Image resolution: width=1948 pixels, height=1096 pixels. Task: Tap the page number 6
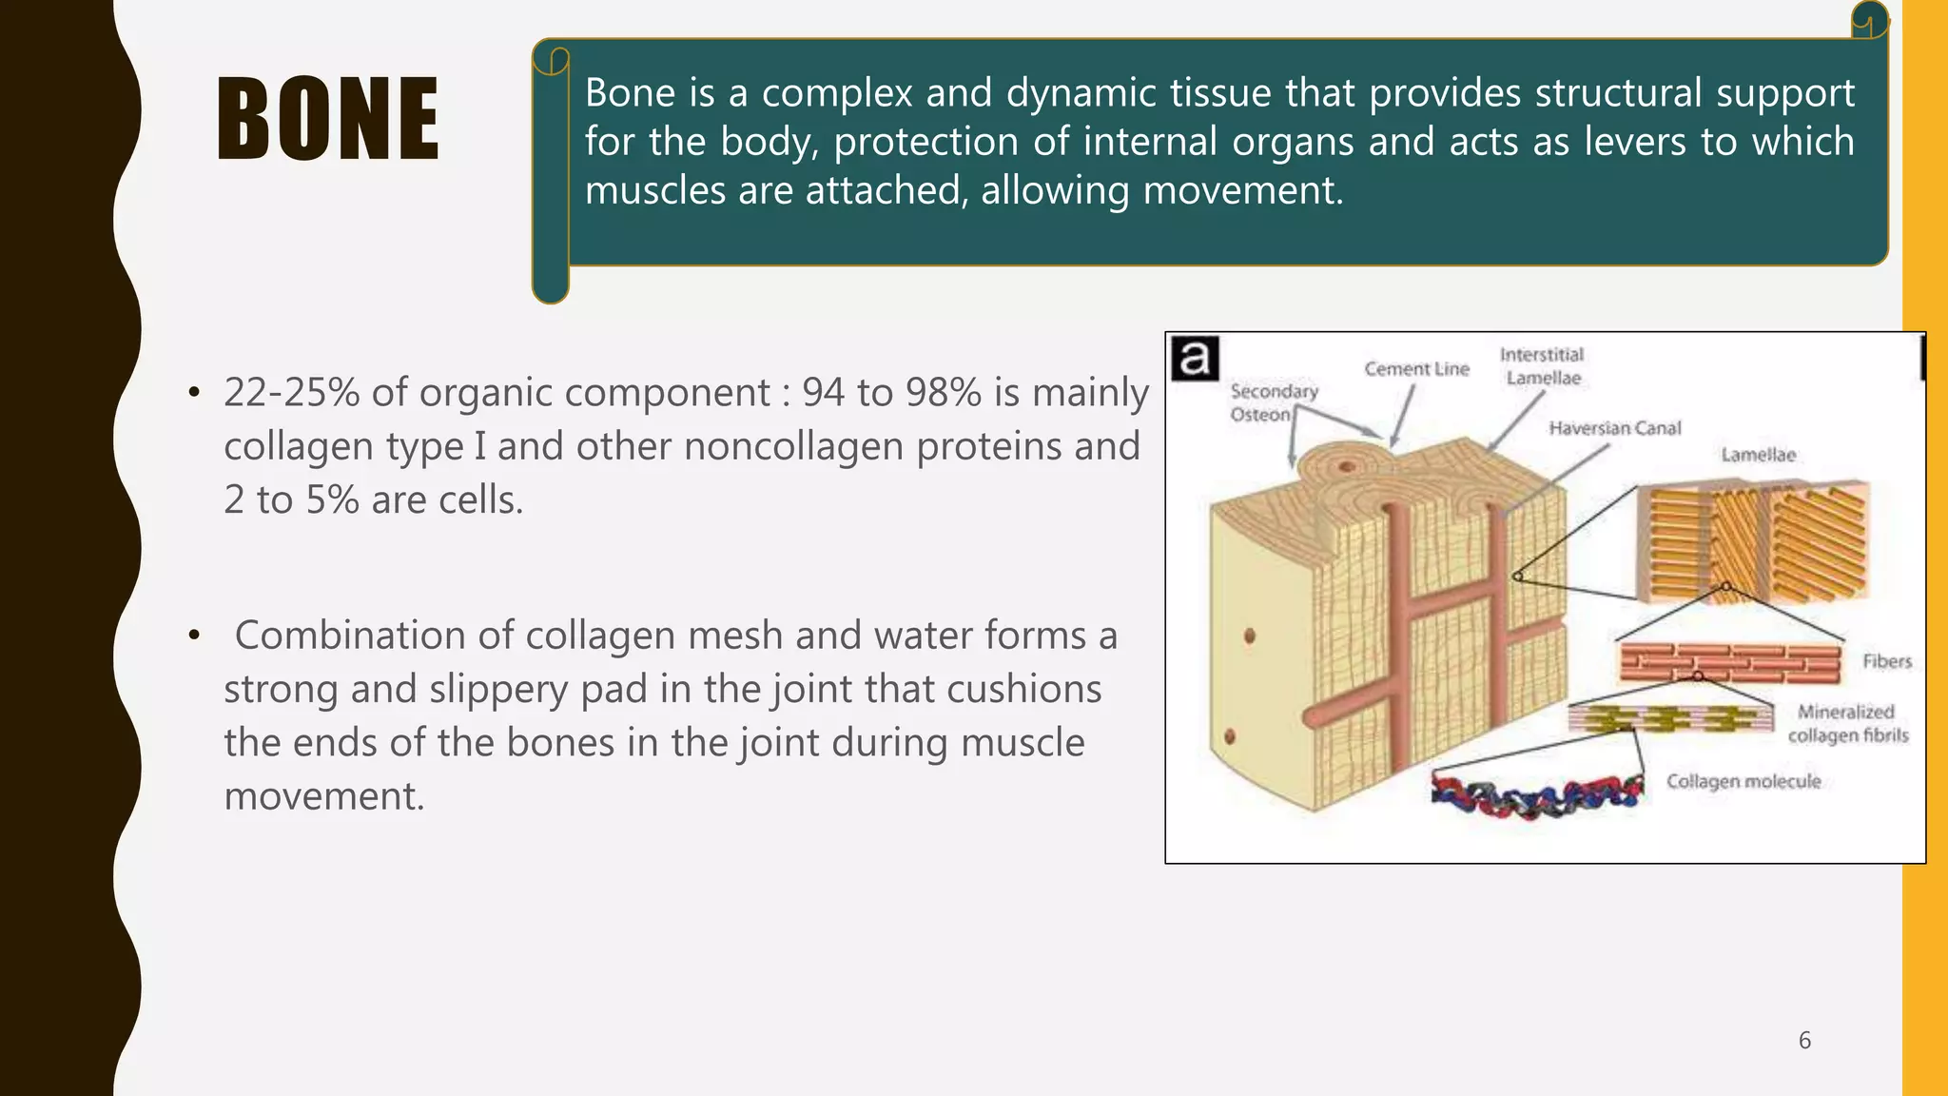[1804, 1040]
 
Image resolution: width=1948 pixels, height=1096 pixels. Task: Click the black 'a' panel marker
[1195, 359]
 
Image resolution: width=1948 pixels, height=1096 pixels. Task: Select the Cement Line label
[1416, 369]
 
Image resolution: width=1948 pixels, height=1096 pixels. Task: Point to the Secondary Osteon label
[1274, 402]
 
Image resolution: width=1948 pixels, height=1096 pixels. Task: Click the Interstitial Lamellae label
[1542, 366]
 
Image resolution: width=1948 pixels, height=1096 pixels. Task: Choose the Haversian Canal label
[1614, 428]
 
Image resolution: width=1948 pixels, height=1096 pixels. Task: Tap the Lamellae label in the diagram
[1758, 455]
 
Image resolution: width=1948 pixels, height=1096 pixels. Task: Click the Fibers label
[1886, 661]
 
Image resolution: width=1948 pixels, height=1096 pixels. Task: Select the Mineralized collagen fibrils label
[1847, 723]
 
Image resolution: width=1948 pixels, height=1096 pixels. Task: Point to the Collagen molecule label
[1743, 781]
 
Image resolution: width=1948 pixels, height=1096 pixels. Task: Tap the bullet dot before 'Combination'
[194, 636]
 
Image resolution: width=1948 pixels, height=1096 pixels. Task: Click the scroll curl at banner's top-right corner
[1869, 19]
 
